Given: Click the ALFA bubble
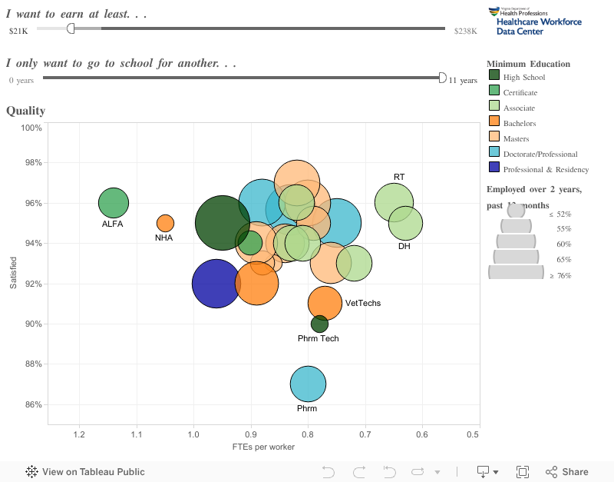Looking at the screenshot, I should pos(113,203).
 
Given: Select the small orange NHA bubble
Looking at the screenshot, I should pos(165,223).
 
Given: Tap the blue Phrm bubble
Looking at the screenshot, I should pos(308,384).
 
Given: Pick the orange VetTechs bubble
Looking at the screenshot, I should pos(325,303).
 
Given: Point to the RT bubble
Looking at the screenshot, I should pos(394,202).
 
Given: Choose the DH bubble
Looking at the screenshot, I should pos(405,223).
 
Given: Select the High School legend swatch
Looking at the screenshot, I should pos(494,76).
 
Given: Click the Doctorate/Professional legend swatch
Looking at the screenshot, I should pos(494,153).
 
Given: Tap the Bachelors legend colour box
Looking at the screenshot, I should pos(494,122).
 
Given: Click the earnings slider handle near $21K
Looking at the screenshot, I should pos(71,28).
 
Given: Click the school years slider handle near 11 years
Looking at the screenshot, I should pos(442,78).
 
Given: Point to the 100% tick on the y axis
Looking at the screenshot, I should pos(31,128).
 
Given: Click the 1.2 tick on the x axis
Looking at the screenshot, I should pos(78,435).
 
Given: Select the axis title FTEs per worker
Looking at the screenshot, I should pos(263,447).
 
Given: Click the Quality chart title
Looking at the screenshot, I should pos(25,111).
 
